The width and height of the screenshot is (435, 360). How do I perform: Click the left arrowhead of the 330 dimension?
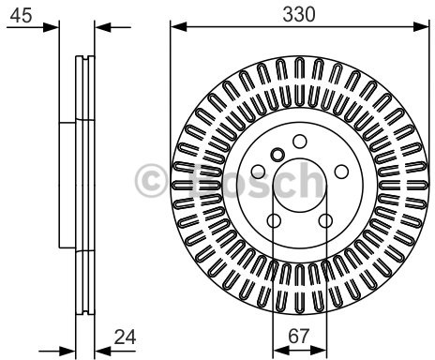tap(176, 27)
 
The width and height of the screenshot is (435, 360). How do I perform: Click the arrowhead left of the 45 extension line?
tap(52, 27)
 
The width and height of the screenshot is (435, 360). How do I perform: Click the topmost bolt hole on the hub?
tap(299, 142)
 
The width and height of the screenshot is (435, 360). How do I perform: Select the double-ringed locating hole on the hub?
tap(277, 155)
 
